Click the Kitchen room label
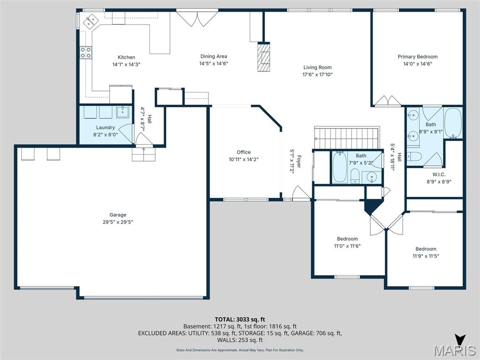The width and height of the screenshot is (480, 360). (126, 57)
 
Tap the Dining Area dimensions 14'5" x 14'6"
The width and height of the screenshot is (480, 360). (213, 63)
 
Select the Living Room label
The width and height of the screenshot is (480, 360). (317, 67)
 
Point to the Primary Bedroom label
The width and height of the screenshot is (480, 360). (417, 57)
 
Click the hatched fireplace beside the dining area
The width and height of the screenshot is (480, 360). (264, 57)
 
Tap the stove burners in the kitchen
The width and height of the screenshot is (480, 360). (85, 52)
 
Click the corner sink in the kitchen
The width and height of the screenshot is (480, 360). (90, 21)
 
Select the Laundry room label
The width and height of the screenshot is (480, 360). (105, 127)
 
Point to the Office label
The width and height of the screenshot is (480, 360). (244, 152)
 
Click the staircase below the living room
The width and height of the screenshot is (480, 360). (347, 138)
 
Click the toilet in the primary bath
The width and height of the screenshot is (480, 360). (414, 156)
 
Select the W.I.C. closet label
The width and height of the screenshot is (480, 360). (432, 174)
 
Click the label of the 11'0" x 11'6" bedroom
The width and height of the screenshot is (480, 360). (347, 239)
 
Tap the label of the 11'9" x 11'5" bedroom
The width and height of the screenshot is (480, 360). (426, 249)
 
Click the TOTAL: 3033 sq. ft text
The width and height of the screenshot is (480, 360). (240, 319)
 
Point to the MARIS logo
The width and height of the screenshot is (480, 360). (454, 350)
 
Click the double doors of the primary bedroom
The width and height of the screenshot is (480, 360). (387, 100)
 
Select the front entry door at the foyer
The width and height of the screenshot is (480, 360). (299, 193)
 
